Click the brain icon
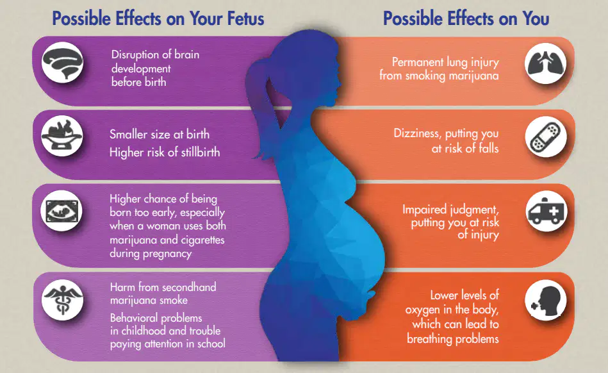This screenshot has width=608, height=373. click(x=62, y=62)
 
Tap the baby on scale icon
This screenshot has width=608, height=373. click(x=62, y=136)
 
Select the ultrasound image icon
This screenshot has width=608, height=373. click(x=62, y=211)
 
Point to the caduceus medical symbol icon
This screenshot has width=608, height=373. click(x=62, y=300)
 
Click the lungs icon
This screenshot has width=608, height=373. click(x=546, y=63)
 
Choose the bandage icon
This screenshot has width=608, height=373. click(x=546, y=137)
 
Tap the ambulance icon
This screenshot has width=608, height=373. click(x=546, y=211)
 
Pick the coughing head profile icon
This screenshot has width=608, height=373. click(x=546, y=300)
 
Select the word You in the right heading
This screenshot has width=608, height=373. click(x=536, y=18)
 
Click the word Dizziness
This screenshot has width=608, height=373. click(x=417, y=134)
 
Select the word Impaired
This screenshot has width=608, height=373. click(x=425, y=210)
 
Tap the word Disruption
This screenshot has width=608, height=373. click(x=136, y=54)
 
